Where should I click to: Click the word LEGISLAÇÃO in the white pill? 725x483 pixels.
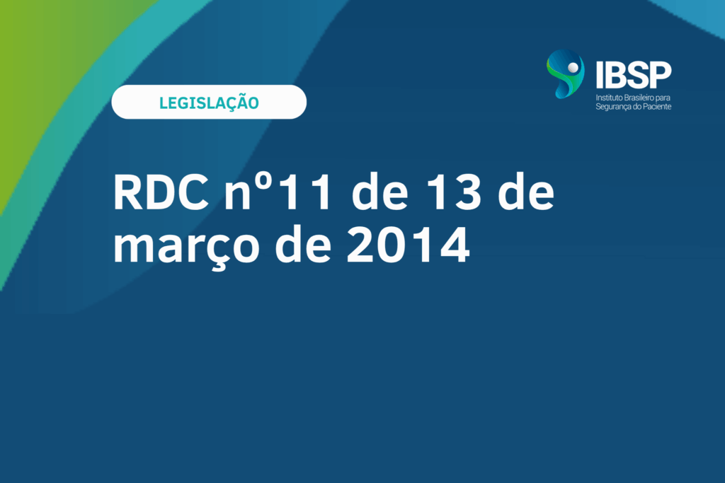pyautogui.click(x=209, y=102)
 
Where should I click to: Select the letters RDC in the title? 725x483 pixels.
pyautogui.click(x=161, y=192)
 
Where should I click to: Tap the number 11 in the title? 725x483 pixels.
pyautogui.click(x=306, y=192)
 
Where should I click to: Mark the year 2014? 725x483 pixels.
pyautogui.click(x=409, y=245)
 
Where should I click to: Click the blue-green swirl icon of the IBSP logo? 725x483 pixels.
pyautogui.click(x=565, y=74)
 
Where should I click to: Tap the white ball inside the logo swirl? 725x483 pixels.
pyautogui.click(x=573, y=68)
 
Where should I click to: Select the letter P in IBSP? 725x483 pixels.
pyautogui.click(x=661, y=75)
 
